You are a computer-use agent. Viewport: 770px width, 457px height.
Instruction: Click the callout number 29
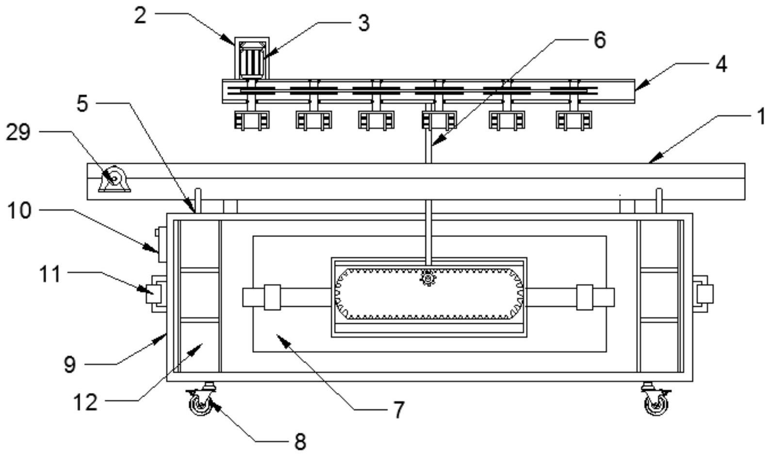coord(18,132)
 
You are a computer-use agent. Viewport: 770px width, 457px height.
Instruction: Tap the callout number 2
coord(140,16)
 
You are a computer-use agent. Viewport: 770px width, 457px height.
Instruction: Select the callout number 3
coord(364,23)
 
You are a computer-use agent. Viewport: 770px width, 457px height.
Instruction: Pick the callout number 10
coord(19,210)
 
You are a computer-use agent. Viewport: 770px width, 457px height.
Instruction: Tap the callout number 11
coord(49,274)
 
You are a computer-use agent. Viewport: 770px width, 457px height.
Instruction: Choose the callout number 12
coord(85,402)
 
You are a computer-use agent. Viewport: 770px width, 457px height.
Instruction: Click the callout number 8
coord(300,442)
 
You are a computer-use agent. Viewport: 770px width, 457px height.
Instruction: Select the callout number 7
coord(399,410)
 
